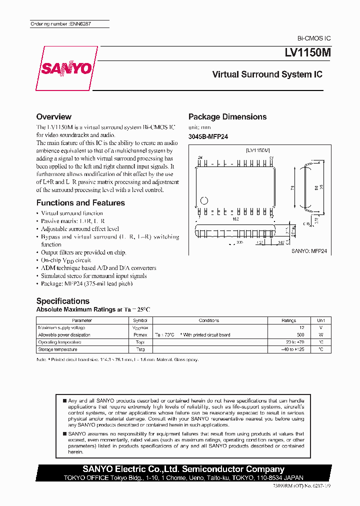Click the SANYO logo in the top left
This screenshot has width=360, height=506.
[65, 68]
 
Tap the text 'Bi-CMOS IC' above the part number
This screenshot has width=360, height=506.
[314, 38]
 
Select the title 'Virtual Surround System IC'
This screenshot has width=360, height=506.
[267, 74]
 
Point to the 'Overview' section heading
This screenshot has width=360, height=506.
[54, 116]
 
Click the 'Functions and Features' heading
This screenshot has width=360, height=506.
[80, 203]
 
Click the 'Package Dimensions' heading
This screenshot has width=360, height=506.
[227, 116]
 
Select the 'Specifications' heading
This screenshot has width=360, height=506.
[63, 301]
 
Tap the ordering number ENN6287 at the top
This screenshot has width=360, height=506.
[60, 24]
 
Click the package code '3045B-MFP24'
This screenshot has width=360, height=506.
[208, 136]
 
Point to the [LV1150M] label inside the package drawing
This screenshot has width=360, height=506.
[258, 150]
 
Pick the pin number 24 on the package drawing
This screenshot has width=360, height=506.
[200, 158]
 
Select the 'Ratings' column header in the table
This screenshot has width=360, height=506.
[288, 320]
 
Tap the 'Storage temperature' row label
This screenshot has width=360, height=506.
[57, 349]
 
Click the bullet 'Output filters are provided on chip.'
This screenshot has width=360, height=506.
[83, 252]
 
